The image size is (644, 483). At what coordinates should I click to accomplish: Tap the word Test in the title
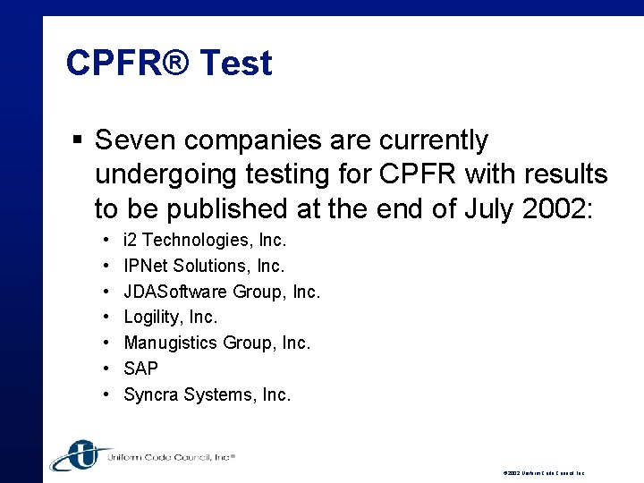(x=236, y=64)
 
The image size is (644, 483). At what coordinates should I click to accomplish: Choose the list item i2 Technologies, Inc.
(x=205, y=240)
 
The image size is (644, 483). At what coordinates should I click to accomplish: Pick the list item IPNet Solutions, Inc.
(x=204, y=266)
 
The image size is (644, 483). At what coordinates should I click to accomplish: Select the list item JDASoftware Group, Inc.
(x=222, y=292)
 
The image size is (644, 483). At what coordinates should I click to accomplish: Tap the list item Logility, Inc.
(x=171, y=317)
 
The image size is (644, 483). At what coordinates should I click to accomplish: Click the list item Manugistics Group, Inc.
(x=217, y=343)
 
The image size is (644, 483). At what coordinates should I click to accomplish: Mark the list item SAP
(x=141, y=369)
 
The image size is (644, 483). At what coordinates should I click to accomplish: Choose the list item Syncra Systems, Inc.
(x=208, y=394)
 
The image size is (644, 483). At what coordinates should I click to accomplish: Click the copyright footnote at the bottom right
(x=544, y=472)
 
